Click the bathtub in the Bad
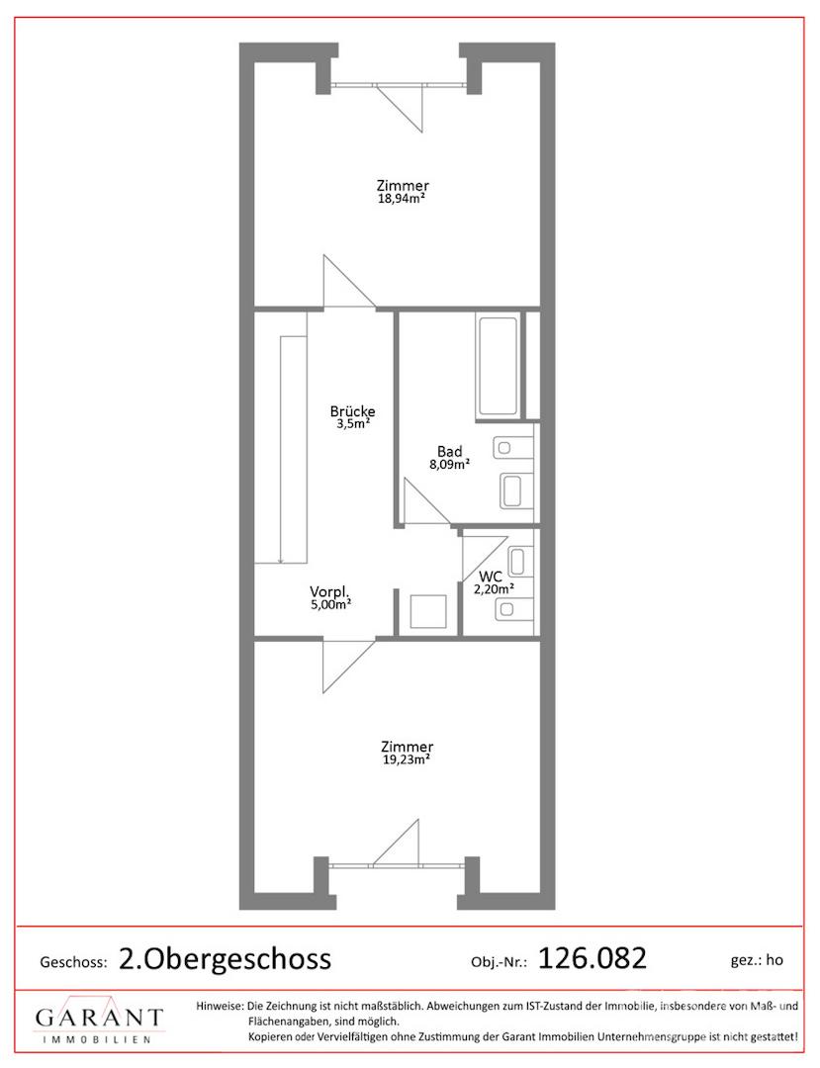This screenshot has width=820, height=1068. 499,367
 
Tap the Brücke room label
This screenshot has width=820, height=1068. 352,411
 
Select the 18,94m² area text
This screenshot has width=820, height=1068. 402,198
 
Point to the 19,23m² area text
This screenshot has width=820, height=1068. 406,759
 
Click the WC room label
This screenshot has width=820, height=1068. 491,577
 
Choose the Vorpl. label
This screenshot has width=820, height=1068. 329,591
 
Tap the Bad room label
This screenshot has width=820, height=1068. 449,451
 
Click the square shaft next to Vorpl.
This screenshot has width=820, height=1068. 428,612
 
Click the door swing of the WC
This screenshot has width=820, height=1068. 484,559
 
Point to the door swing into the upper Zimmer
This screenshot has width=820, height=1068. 349,282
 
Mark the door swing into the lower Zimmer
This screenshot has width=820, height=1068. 349,666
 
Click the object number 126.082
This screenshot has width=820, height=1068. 592,958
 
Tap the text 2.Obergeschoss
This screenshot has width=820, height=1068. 226,959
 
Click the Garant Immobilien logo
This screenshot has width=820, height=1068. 100,1022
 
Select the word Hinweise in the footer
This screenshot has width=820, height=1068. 220,1006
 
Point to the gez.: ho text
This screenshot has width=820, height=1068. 757,960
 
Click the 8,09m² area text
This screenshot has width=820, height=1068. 449,465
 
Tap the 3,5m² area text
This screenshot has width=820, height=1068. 353,423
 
